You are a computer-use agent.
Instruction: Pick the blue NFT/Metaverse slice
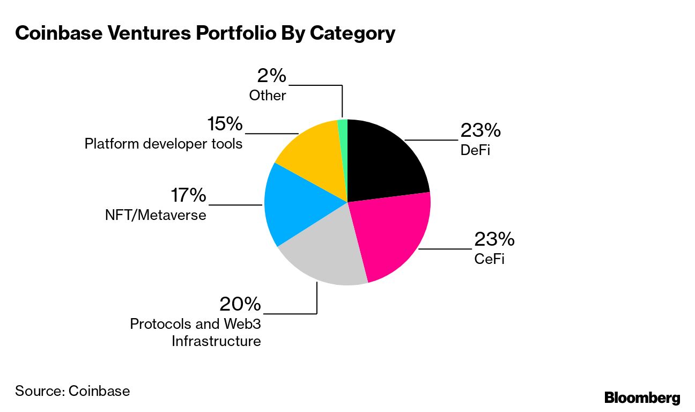[x=298, y=207]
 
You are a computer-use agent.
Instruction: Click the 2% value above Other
[x=272, y=76]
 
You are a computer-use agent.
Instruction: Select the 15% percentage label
[x=225, y=124]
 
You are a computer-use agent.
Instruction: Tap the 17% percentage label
[x=188, y=195]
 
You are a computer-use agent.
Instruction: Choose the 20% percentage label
[x=240, y=305]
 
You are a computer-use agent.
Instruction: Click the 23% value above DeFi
[x=480, y=130]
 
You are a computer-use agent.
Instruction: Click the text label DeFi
[x=475, y=150]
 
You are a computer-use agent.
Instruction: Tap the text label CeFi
[x=490, y=260]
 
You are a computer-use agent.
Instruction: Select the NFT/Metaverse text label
[x=156, y=215]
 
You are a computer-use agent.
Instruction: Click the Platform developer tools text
[x=164, y=144]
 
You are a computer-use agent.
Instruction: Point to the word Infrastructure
[x=216, y=341]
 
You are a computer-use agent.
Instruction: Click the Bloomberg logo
[x=642, y=398]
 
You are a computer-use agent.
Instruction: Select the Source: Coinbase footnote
[x=72, y=391]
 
